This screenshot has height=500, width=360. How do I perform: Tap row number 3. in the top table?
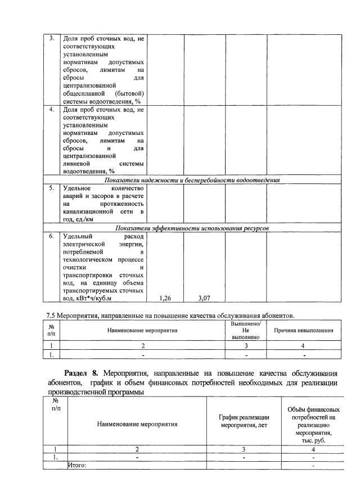(51, 38)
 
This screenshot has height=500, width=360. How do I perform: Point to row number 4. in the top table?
(51, 109)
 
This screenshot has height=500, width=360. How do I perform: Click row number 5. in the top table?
(51, 187)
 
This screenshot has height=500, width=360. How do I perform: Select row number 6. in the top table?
(51, 236)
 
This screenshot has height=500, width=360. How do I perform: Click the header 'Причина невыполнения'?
(303, 331)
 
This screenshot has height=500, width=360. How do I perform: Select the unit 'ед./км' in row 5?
(83, 219)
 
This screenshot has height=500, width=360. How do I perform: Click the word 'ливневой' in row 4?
(77, 163)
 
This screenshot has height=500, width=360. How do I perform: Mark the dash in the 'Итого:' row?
(313, 466)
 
